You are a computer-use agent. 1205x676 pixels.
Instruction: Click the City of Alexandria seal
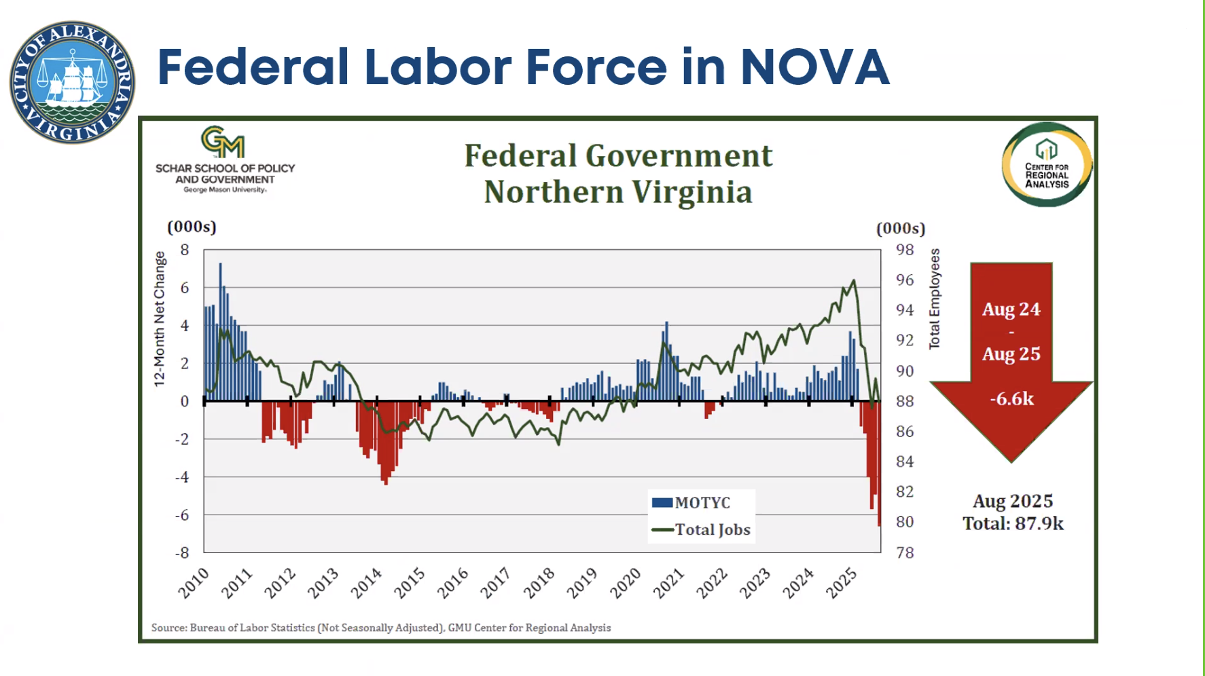coord(72,82)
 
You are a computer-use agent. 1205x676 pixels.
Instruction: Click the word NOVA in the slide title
coord(814,67)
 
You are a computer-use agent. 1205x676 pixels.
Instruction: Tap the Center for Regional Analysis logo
coord(1047,164)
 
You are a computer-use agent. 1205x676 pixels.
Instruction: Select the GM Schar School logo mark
coord(223,142)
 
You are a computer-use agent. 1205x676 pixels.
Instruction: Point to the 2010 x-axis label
coord(194,583)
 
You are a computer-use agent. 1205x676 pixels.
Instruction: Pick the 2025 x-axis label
coord(842,583)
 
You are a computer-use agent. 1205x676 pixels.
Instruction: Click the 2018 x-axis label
coord(539,583)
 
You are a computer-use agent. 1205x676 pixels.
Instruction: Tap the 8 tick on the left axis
coord(185,250)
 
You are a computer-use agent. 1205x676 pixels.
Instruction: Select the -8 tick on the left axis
coord(182,552)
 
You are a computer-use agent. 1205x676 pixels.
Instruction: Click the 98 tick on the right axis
coord(905,250)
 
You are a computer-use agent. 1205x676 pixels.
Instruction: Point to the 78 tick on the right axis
coord(905,552)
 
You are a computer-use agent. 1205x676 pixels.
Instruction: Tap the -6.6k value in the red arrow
coord(1011,398)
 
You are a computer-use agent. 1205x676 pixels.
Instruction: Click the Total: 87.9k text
coord(1013,523)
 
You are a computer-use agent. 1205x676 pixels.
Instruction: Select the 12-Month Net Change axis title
coord(160,318)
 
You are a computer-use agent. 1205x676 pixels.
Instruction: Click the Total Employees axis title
coord(935,299)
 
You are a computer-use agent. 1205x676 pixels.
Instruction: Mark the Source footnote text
coord(380,628)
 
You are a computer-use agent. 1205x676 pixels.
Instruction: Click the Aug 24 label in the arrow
coord(1011,309)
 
